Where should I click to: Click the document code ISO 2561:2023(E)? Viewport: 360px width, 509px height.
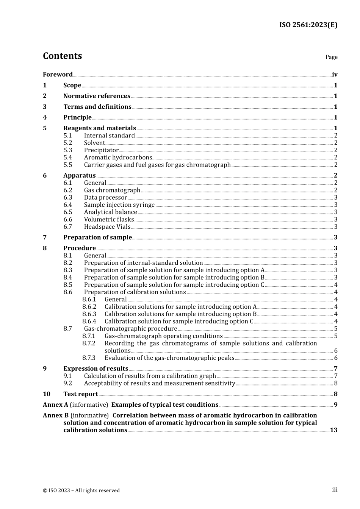point(308,25)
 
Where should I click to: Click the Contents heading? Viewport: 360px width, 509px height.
point(62,56)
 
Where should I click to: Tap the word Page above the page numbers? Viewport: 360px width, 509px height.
point(331,57)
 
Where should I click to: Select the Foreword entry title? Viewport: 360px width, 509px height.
point(58,75)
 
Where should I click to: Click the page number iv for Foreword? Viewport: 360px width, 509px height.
point(335,75)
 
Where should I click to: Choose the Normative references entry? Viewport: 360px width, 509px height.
point(97,96)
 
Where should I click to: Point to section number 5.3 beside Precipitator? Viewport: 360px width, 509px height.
point(67,150)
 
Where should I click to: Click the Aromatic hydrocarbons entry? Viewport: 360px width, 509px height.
point(118,158)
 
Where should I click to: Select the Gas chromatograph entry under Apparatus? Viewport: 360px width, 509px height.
point(112,190)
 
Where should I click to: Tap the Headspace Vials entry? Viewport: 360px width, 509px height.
point(107,227)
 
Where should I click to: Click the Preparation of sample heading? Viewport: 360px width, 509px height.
point(97,237)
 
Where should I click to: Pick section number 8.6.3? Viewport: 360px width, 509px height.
point(89,314)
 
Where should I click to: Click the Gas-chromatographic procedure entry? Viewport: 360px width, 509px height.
point(130,329)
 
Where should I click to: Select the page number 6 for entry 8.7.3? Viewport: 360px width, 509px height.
point(336,358)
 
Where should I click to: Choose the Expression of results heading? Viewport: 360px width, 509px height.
point(95,369)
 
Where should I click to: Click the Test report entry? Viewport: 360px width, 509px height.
point(80,394)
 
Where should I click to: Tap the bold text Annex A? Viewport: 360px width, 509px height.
point(55,405)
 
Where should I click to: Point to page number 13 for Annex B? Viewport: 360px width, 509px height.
point(333,430)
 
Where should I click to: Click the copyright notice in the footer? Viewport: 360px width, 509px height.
point(81,490)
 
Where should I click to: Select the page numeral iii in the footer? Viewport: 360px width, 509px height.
point(335,490)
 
